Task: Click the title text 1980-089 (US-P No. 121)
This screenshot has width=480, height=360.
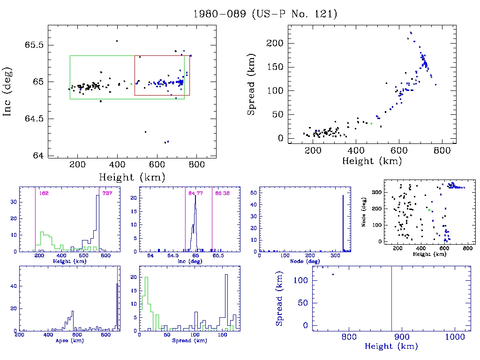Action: (x=265, y=14)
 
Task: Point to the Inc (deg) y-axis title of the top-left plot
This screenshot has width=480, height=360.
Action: (x=8, y=92)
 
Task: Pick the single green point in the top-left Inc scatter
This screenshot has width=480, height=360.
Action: (x=131, y=84)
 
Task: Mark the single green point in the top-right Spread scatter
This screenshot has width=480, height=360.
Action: (x=371, y=123)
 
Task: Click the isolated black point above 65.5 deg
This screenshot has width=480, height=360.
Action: (x=117, y=41)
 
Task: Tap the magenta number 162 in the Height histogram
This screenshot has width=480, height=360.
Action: (x=44, y=193)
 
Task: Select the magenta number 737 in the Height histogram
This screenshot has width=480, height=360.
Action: (x=107, y=193)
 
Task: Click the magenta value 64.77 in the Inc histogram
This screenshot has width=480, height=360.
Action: (x=195, y=193)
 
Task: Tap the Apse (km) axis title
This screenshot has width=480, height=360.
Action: (x=69, y=340)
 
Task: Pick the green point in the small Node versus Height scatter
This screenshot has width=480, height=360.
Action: (x=429, y=210)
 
